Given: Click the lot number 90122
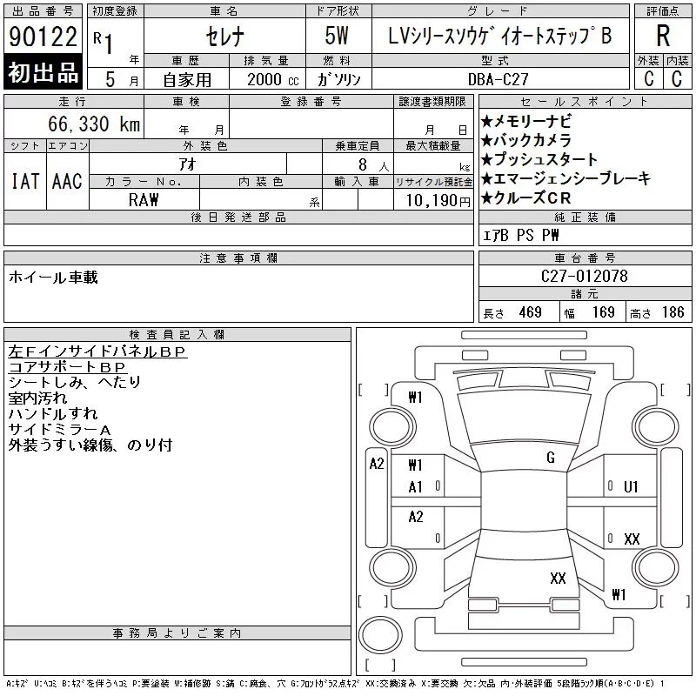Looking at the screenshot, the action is (43, 37).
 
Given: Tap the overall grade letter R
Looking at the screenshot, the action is (663, 36).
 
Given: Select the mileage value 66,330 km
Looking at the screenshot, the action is (94, 124).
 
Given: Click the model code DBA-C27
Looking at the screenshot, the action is (499, 79).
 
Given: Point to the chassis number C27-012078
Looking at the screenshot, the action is (584, 276).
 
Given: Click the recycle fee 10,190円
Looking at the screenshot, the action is (438, 201).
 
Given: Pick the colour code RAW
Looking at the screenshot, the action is (144, 200).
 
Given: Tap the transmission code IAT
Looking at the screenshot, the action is (25, 181).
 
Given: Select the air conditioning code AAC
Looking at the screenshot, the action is (67, 181).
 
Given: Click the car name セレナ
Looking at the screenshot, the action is (225, 37).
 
